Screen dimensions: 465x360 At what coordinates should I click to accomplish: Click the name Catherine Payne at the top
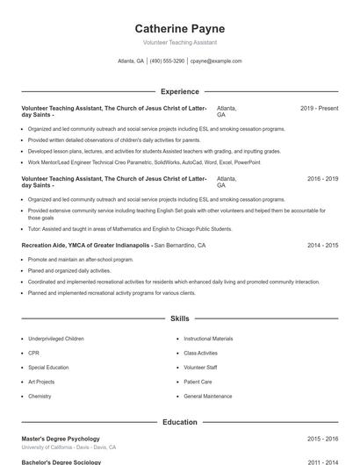pyautogui.click(x=179, y=29)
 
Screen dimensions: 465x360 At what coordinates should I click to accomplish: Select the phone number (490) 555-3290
pyautogui.click(x=167, y=61)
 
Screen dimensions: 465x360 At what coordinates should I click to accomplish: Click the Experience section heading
pyautogui.click(x=179, y=91)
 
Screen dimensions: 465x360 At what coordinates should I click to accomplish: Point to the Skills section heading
pyautogui.click(x=179, y=318)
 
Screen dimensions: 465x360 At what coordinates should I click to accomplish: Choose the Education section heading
pyautogui.click(x=179, y=422)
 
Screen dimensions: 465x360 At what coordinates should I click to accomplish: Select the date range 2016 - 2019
pyautogui.click(x=322, y=179)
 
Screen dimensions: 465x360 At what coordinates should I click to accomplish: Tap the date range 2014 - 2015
pyautogui.click(x=322, y=246)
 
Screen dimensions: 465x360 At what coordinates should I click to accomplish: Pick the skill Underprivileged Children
pyautogui.click(x=56, y=339)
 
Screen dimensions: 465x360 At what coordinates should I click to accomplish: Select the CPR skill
pyautogui.click(x=33, y=353)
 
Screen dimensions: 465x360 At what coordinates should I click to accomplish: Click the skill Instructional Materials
pyautogui.click(x=208, y=339)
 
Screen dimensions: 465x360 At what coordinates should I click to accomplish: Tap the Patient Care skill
pyautogui.click(x=198, y=382)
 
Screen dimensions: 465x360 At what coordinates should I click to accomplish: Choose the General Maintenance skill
pyautogui.click(x=208, y=397)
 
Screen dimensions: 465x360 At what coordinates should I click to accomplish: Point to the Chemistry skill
pyautogui.click(x=40, y=397)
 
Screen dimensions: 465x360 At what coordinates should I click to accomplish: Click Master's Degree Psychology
pyautogui.click(x=61, y=439)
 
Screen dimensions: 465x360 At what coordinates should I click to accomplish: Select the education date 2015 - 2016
pyautogui.click(x=322, y=439)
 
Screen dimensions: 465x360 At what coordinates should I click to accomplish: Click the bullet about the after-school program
pyautogui.click(x=81, y=260)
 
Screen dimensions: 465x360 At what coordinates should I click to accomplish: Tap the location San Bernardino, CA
pyautogui.click(x=180, y=246)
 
